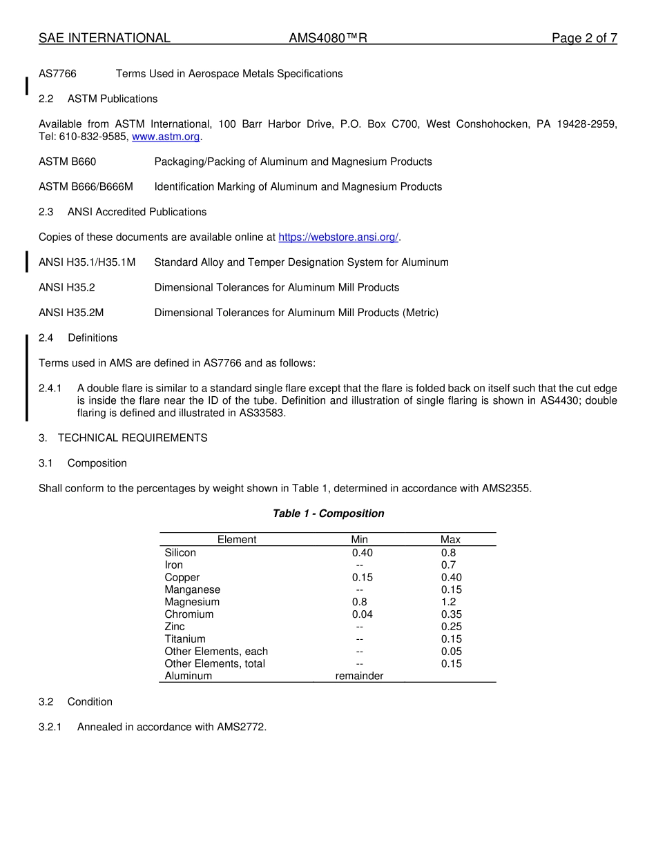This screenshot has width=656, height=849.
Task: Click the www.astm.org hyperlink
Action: click(166, 137)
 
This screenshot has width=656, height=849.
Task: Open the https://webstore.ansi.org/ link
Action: click(338, 237)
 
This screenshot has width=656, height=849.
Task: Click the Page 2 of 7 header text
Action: click(584, 38)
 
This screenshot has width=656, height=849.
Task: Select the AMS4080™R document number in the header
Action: click(328, 38)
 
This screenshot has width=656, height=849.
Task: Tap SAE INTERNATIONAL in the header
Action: click(104, 38)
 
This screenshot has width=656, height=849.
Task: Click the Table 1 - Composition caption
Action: click(328, 514)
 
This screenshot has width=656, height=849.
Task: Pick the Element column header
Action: click(237, 540)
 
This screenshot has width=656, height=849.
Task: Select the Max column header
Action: click(450, 540)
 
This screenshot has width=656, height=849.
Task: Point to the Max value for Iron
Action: click(448, 565)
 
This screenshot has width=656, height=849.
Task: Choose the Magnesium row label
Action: click(192, 602)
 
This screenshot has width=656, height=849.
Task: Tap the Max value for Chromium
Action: click(452, 614)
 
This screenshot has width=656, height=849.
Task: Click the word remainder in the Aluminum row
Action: click(359, 676)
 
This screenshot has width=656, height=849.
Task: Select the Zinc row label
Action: click(175, 627)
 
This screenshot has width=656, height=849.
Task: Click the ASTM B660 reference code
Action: click(68, 162)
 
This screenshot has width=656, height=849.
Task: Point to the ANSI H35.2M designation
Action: click(71, 313)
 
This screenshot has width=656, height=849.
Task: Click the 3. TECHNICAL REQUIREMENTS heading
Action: click(123, 438)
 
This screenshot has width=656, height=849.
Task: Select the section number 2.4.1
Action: click(50, 388)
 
